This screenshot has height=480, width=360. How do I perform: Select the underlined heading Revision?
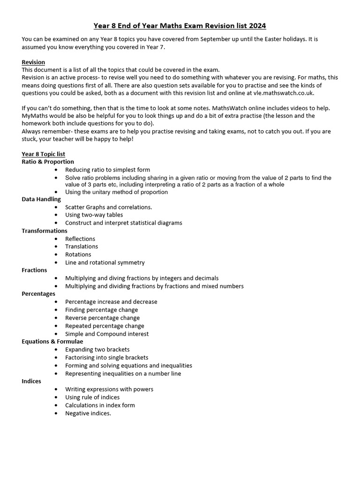(33, 62)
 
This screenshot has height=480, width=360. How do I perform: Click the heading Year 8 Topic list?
(43, 154)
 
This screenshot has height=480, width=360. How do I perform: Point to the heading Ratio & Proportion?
(48, 162)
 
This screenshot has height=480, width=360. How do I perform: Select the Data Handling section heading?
(41, 199)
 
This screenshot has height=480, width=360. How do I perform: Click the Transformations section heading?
(45, 231)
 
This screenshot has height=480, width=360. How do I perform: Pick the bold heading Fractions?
(34, 270)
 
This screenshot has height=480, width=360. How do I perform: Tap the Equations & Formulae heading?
(52, 342)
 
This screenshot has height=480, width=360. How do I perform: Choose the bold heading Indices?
(31, 381)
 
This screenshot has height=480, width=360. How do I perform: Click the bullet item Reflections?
(80, 239)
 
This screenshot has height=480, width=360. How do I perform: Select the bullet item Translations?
(82, 247)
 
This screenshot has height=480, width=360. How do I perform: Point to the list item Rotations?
(78, 255)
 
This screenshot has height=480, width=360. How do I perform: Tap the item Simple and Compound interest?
(107, 334)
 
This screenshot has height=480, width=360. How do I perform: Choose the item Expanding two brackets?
(97, 350)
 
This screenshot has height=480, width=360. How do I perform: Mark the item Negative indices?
(88, 413)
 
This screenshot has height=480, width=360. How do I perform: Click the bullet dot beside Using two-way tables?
(56, 215)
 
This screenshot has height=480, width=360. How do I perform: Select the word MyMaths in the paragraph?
(34, 116)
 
